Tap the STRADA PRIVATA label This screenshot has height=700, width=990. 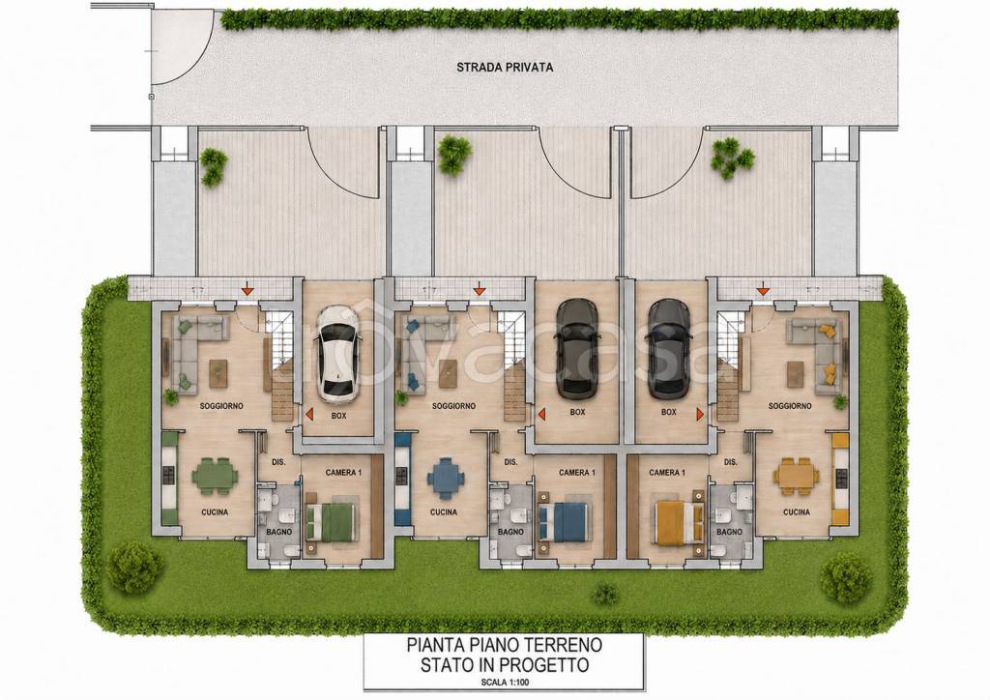[x=505, y=67]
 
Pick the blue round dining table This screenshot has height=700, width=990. [x=446, y=478]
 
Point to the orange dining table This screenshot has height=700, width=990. [x=797, y=477]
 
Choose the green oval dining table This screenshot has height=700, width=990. [x=216, y=476]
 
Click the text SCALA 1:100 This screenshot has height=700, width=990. [x=505, y=682]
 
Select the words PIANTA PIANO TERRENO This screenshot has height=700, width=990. [x=505, y=645]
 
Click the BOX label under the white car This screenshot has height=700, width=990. [x=339, y=416]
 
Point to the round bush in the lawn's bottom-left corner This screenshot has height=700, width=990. [x=134, y=567]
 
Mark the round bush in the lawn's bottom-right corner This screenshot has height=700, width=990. [x=846, y=576]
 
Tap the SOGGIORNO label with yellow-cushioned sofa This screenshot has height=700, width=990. [x=790, y=406]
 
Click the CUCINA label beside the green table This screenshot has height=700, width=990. [x=215, y=511]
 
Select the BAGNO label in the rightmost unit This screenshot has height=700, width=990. [x=729, y=532]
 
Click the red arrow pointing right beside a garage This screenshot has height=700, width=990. [x=700, y=414]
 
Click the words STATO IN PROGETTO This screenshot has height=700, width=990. [x=505, y=664]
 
